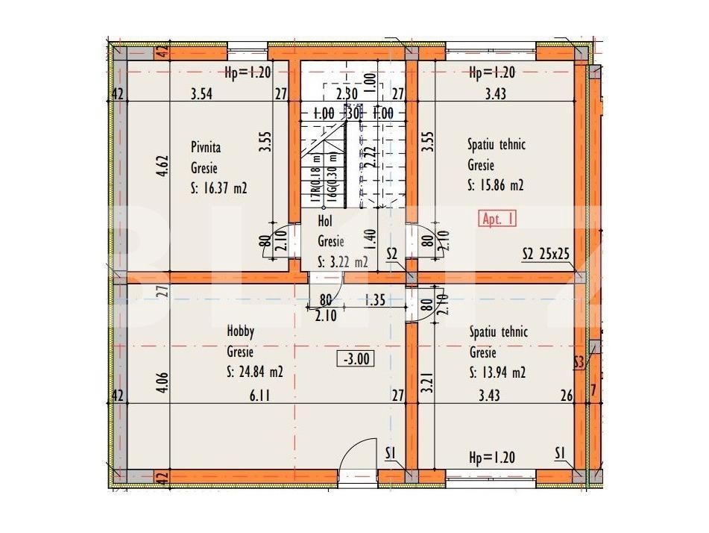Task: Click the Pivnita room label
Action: tap(205, 148)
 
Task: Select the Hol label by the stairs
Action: tap(324, 221)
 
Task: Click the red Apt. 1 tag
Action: tap(497, 219)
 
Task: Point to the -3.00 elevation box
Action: tap(356, 359)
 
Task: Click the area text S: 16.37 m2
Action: tap(219, 189)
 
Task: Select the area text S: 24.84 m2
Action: tap(255, 371)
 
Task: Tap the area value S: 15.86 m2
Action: tap(496, 186)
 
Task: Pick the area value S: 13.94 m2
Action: tap(497, 373)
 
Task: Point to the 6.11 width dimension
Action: tap(259, 396)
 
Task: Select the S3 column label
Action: tap(579, 363)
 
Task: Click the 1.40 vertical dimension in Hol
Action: tap(371, 241)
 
